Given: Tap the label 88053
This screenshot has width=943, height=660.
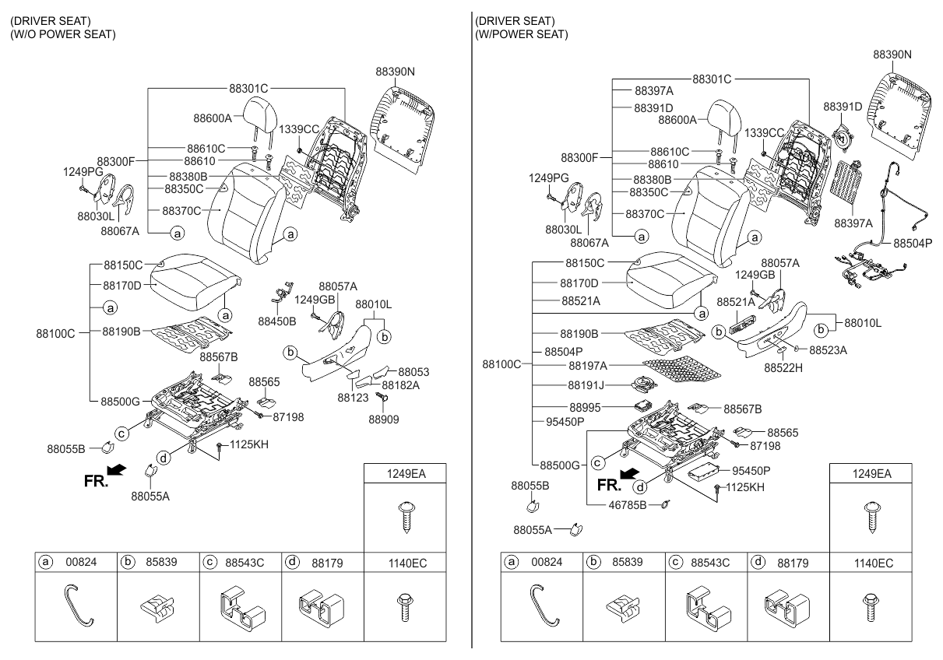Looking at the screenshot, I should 413,373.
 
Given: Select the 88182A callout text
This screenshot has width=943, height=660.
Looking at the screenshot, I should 400,385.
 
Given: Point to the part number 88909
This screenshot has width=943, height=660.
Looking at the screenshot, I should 385,418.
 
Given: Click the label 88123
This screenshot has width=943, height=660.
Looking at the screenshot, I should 352,397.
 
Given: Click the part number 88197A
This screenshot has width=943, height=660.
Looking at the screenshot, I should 588,365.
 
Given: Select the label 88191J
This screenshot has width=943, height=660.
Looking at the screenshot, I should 587,385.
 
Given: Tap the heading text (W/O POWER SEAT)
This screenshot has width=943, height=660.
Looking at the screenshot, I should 62,34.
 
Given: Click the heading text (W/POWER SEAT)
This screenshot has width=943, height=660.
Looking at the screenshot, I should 521,34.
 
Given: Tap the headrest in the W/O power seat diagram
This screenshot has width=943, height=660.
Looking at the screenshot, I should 259,118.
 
